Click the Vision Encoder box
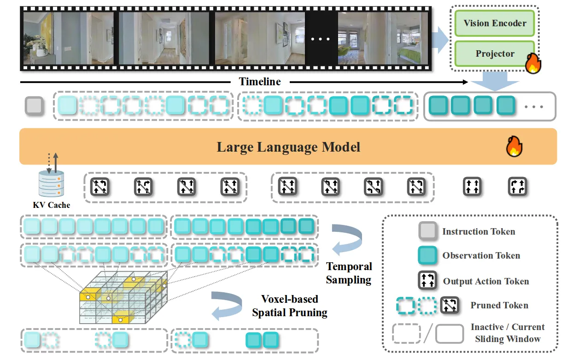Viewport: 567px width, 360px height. pos(494,23)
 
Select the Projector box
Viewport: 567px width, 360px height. pos(494,53)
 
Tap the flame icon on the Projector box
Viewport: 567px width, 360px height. pos(533,63)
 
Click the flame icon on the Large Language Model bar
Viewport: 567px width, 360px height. pos(514,147)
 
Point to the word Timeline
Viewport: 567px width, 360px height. pos(260,82)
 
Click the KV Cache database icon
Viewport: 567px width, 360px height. pos(51,183)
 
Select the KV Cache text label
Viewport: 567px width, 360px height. pos(52,205)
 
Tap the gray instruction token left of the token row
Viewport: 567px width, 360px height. pos(34,106)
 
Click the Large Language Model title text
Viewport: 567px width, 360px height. pos(288,147)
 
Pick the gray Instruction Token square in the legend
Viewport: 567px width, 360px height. pos(427,231)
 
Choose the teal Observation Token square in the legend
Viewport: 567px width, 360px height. pos(427,255)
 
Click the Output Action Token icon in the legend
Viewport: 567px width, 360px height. pos(427,280)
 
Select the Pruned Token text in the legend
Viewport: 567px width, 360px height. pos(499,305)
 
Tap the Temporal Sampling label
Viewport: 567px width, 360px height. pos(349,273)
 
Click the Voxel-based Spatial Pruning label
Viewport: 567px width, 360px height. pos(290,306)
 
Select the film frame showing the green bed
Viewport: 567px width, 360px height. pos(383,38)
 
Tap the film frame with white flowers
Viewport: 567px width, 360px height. pos(68,38)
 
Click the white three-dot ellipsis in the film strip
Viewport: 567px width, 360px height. pos(321,39)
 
